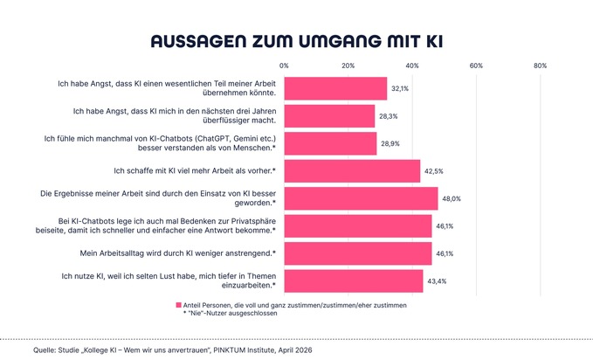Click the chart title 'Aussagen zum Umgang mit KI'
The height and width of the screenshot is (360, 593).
(296, 41)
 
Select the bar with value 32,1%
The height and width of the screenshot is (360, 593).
(335, 88)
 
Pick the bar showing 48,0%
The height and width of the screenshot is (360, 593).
(361, 197)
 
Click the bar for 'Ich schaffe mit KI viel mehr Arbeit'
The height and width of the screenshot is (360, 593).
(352, 170)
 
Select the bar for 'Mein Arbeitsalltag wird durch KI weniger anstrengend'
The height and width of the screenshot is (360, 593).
(358, 253)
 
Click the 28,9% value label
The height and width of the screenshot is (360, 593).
(390, 143)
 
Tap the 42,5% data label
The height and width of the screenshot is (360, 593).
(434, 170)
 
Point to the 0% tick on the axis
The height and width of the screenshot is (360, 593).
(284, 66)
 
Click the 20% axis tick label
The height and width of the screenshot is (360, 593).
(348, 66)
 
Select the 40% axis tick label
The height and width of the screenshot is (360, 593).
(412, 66)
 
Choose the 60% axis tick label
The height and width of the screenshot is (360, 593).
(476, 66)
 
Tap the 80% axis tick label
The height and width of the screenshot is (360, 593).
(540, 66)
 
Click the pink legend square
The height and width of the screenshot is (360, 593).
(178, 305)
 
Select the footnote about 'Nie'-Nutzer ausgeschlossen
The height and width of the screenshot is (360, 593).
(230, 314)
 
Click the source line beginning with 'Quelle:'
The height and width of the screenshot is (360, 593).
(171, 350)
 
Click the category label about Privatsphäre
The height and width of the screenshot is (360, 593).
(165, 225)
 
